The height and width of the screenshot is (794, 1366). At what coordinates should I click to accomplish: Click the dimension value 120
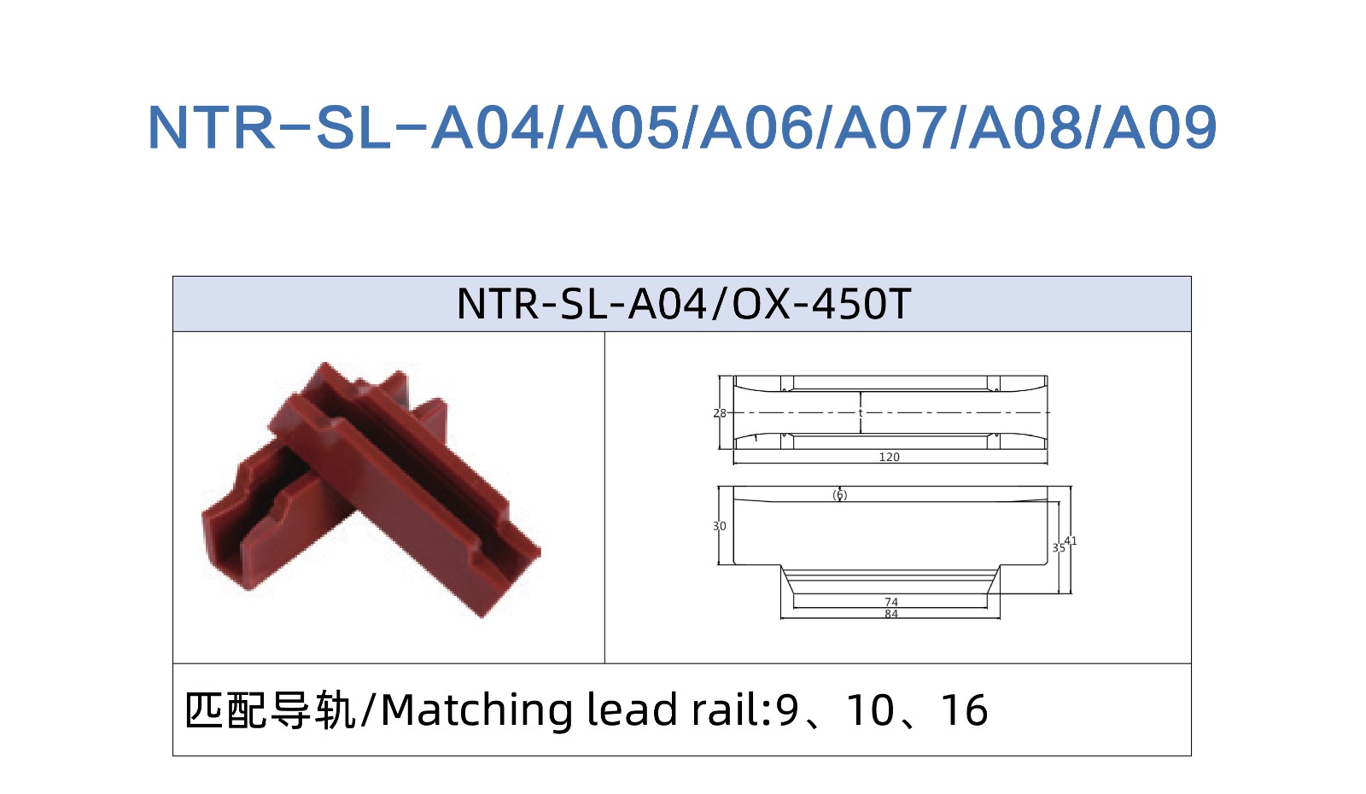point(889,457)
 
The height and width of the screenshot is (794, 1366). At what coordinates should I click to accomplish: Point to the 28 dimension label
point(720,413)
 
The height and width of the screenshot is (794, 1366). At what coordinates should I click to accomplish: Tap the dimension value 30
point(720,526)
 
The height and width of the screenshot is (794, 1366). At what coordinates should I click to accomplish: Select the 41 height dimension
point(1071,540)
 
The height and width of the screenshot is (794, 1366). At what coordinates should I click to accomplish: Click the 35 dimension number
point(1059,547)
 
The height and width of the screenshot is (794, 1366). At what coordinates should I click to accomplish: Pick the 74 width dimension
point(891,602)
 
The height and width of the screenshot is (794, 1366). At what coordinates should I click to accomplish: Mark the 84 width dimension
point(891,614)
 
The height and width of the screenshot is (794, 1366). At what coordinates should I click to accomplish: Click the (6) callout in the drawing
point(840,495)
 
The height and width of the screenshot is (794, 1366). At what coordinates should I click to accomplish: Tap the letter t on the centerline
point(861,413)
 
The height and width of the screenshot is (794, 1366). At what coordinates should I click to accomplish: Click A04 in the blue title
point(487,127)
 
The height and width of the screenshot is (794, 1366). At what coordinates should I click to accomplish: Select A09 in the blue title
point(1160,127)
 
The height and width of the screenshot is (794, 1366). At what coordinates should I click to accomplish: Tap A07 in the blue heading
point(891,127)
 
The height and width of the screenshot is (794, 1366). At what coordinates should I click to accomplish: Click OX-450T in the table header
point(821,304)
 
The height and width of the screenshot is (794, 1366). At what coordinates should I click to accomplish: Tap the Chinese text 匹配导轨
point(270,710)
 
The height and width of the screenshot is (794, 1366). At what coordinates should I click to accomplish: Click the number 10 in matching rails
point(871,710)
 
